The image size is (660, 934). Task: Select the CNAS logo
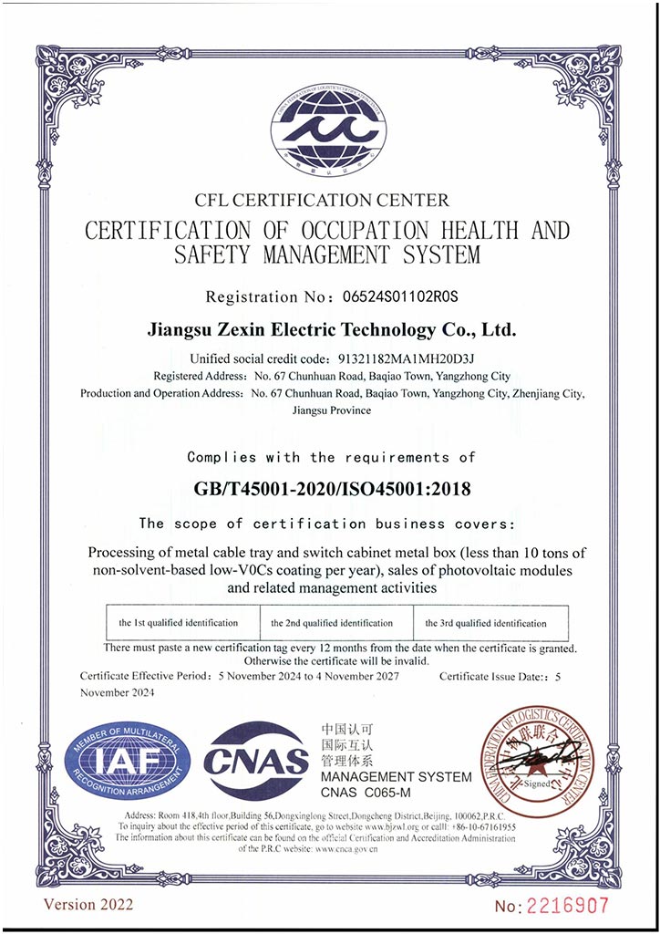pyautogui.click(x=256, y=759)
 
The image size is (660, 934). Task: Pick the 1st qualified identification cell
pyautogui.click(x=178, y=623)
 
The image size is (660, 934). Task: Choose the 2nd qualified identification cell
pyautogui.click(x=332, y=623)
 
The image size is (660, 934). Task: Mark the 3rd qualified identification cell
pyautogui.click(x=486, y=623)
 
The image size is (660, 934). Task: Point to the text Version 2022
pyautogui.click(x=88, y=904)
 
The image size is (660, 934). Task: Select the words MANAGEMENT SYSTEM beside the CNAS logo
pyautogui.click(x=397, y=777)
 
